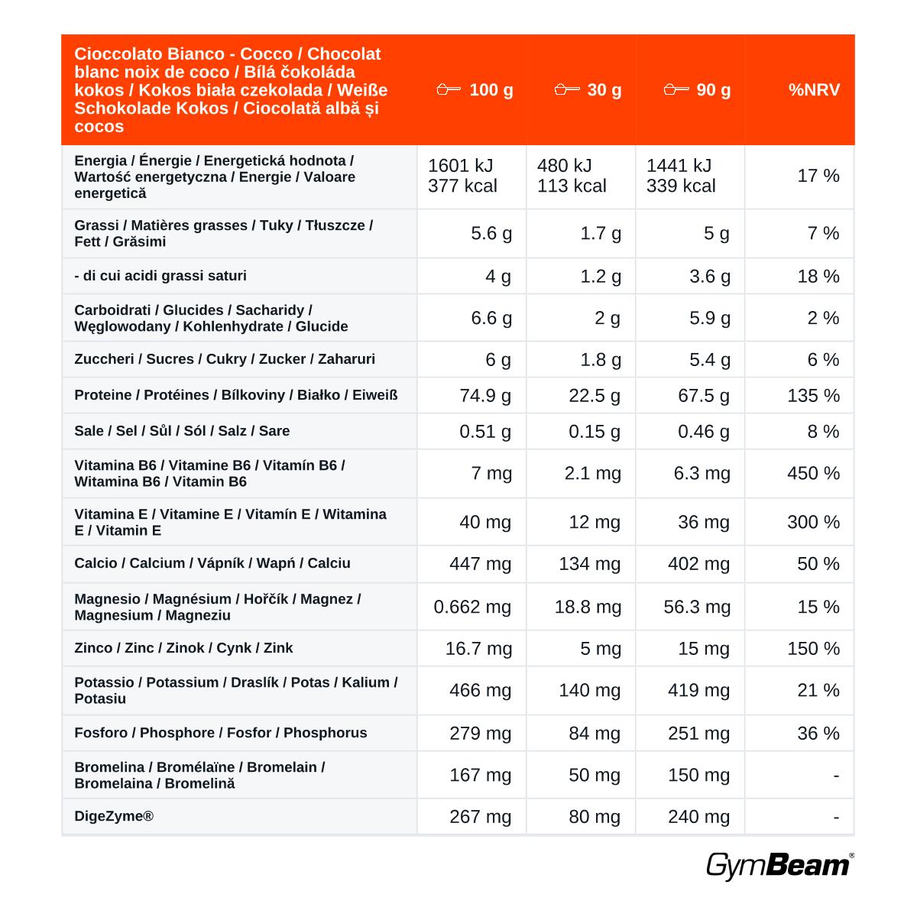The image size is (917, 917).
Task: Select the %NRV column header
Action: (814, 90)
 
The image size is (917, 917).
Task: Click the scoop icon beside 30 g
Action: (567, 89)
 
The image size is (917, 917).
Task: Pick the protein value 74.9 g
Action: (485, 395)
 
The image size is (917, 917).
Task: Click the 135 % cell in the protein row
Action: (813, 395)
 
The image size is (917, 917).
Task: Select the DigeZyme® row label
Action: (114, 816)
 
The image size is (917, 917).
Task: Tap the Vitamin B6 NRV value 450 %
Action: (813, 473)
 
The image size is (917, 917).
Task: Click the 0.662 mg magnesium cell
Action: (472, 607)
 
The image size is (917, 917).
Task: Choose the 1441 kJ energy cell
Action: (679, 166)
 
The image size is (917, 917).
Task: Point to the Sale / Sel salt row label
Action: (182, 431)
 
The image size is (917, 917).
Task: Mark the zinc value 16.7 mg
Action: (478, 649)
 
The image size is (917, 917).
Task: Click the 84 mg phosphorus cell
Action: (595, 734)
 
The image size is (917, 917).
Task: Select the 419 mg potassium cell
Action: (698, 691)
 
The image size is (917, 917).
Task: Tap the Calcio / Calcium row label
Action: (212, 563)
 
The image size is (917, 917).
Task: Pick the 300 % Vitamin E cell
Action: (813, 522)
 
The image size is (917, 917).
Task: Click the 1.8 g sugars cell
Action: (601, 360)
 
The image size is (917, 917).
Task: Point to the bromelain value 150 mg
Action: (698, 775)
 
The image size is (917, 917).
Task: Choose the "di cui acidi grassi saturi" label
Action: (160, 276)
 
